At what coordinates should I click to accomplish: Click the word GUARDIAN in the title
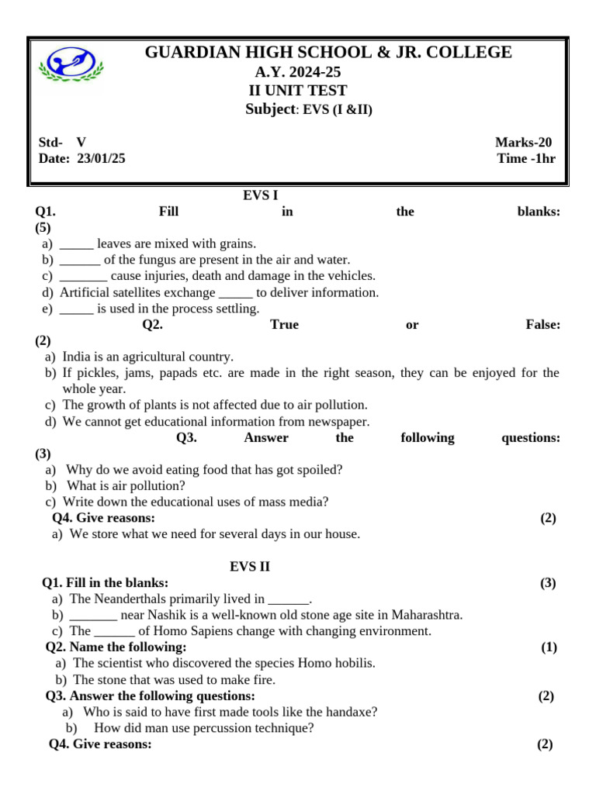(183, 53)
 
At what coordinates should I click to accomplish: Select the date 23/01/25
(101, 158)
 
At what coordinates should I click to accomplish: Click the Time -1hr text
(526, 158)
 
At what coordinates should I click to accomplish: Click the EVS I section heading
(255, 195)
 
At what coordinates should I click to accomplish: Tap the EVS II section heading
(250, 567)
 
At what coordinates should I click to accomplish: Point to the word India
(77, 357)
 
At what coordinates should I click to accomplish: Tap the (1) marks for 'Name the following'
(549, 647)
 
